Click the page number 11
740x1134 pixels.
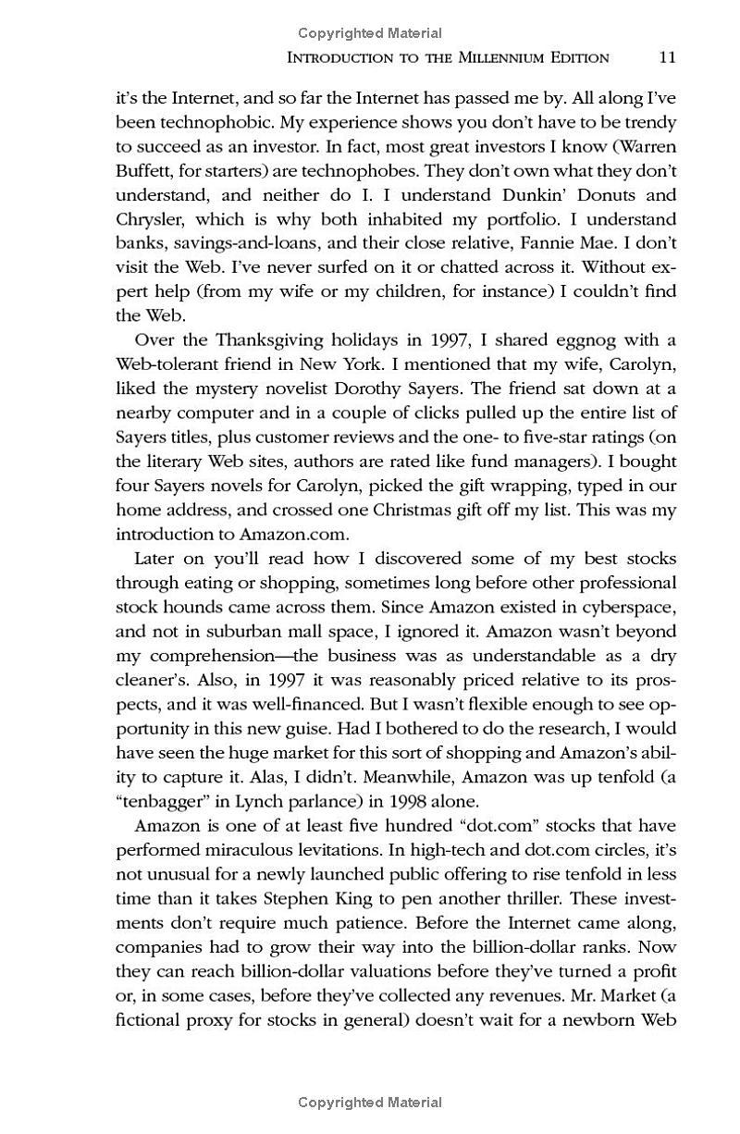667,57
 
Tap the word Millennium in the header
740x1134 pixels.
499,58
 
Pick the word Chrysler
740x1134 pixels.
150,219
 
